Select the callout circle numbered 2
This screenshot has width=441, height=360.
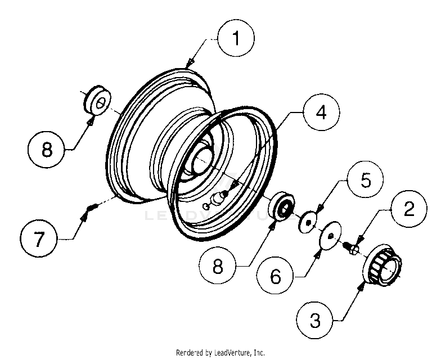pos(409,209)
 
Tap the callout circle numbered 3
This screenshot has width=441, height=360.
pos(316,321)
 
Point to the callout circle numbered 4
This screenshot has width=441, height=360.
pos(320,112)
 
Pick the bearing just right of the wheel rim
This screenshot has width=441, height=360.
pos(282,206)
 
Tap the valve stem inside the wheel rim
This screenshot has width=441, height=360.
pos(217,198)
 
